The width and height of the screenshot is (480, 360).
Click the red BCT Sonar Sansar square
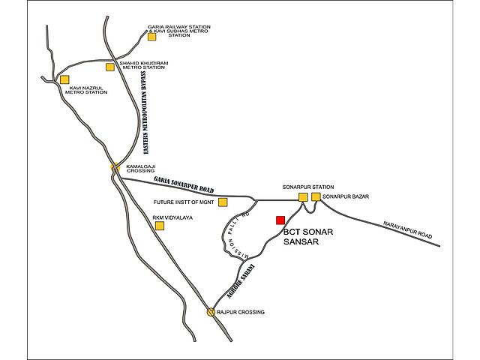(x=280, y=220)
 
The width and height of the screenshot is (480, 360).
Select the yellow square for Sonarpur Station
(x=303, y=196)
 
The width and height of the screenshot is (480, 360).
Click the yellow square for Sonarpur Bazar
(x=316, y=196)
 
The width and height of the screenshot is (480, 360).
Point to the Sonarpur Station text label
(x=308, y=186)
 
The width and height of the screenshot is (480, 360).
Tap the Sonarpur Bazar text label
(x=346, y=196)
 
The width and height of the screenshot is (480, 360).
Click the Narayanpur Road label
(x=408, y=229)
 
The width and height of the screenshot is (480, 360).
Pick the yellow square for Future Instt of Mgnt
(x=223, y=202)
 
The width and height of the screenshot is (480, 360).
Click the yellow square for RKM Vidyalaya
(x=159, y=225)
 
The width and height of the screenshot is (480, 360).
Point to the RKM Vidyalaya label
(x=172, y=217)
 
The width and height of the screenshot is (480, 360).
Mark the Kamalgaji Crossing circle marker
(x=115, y=168)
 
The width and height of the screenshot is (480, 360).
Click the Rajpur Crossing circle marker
(x=211, y=311)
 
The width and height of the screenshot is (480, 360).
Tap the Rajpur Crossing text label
(x=242, y=311)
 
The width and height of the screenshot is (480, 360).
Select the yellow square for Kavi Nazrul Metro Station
(x=64, y=79)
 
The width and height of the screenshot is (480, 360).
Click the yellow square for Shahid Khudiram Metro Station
(x=110, y=67)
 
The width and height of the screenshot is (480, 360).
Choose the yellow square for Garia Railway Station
(x=151, y=36)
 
